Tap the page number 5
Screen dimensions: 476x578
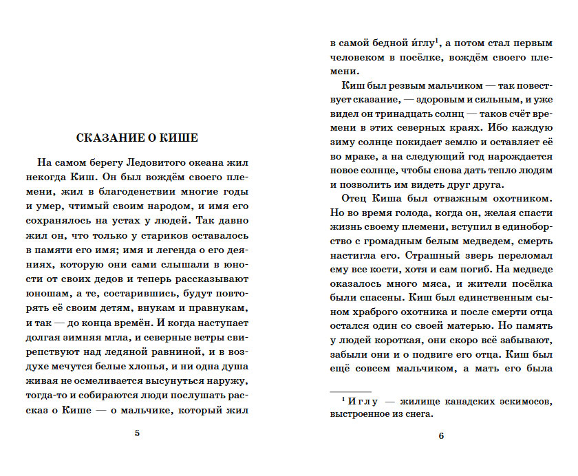[x=138, y=433]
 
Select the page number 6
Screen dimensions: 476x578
[x=441, y=435]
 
